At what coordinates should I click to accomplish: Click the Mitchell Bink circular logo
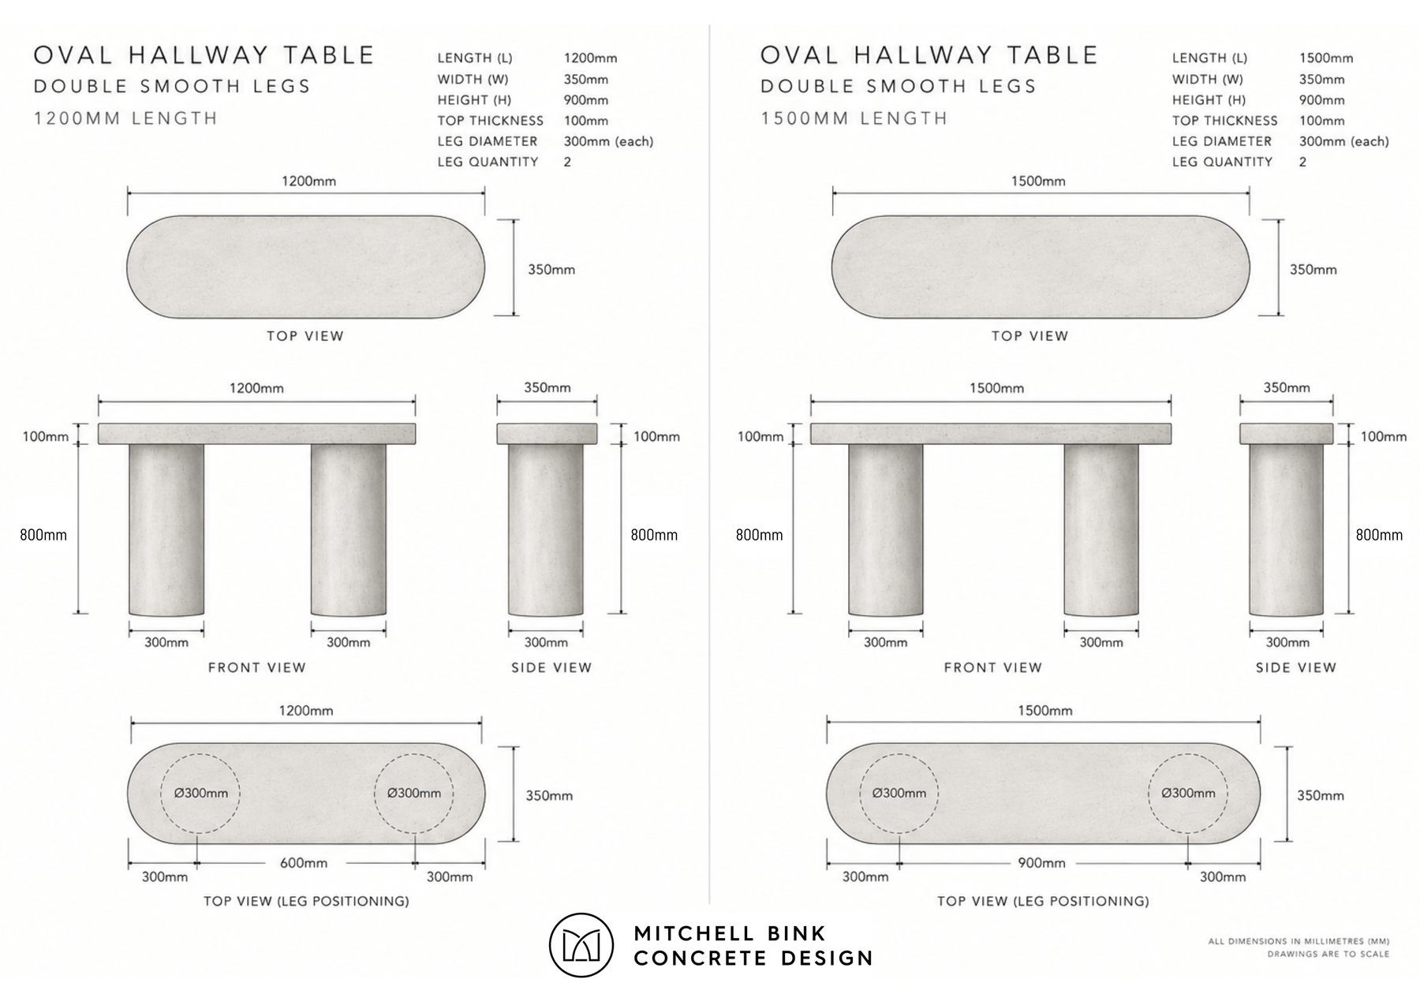tap(581, 945)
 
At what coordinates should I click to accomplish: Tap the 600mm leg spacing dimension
tap(304, 863)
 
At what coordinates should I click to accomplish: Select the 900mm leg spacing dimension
tap(1041, 863)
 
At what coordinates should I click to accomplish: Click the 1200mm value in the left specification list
tap(590, 58)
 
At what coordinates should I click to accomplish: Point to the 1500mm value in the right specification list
tap(1326, 58)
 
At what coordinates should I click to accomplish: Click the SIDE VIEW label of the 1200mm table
tap(551, 667)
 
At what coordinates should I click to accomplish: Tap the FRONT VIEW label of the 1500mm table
tap(993, 667)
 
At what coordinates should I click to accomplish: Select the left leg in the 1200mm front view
tap(166, 529)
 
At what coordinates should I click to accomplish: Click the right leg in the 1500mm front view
tap(1101, 529)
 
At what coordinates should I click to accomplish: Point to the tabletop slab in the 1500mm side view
tap(1287, 434)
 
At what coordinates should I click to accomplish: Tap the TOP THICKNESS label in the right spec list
tap(1224, 121)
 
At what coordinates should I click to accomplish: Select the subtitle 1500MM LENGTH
tap(854, 118)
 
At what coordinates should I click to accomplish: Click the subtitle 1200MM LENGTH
tap(125, 118)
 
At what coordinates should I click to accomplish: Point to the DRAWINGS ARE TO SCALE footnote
tap(1328, 954)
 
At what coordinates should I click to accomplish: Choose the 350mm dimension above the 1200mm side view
tap(547, 387)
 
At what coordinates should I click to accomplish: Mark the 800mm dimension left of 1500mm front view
tap(759, 535)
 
